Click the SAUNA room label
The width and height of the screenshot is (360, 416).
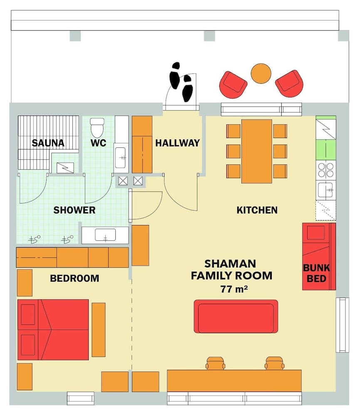pos(48,144)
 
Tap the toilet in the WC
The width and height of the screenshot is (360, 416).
pos(97,127)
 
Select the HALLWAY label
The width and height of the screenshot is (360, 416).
pos(177,144)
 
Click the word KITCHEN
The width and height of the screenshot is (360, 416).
pos(257,210)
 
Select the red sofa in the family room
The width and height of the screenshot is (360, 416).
pos(236,316)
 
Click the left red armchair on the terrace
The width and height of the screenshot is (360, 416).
pos(233,84)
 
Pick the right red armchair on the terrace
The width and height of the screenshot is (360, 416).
pos(289,84)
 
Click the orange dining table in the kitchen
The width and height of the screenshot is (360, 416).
pos(257,151)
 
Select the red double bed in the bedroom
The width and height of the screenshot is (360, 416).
pos(53,329)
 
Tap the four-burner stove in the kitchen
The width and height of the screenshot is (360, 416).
pos(326,170)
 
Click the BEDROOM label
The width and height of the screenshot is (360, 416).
pos(74,278)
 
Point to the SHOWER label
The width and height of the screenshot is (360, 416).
pos(74,210)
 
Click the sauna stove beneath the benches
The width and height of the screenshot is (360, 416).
pos(65,168)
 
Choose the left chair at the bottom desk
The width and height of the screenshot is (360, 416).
pos(215,363)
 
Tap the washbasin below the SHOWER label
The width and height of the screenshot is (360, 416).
pos(105,236)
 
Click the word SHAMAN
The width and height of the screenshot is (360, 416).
pos(230,264)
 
